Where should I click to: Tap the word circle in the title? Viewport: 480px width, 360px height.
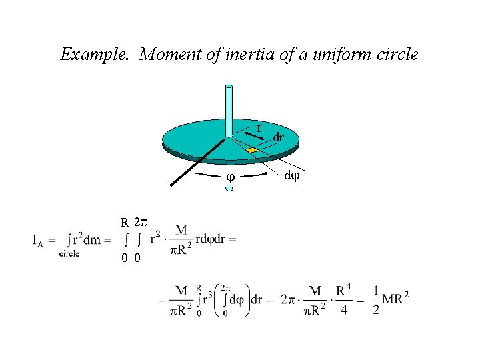coord(397,54)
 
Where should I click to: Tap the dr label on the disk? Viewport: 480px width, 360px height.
coord(278,137)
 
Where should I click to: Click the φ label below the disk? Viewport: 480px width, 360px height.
coord(230,177)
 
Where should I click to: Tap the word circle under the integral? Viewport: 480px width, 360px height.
coord(69,253)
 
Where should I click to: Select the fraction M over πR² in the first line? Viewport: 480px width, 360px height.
coord(181,239)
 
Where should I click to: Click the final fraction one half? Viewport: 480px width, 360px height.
coord(376,300)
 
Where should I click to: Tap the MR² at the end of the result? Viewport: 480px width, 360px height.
coord(396,299)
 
